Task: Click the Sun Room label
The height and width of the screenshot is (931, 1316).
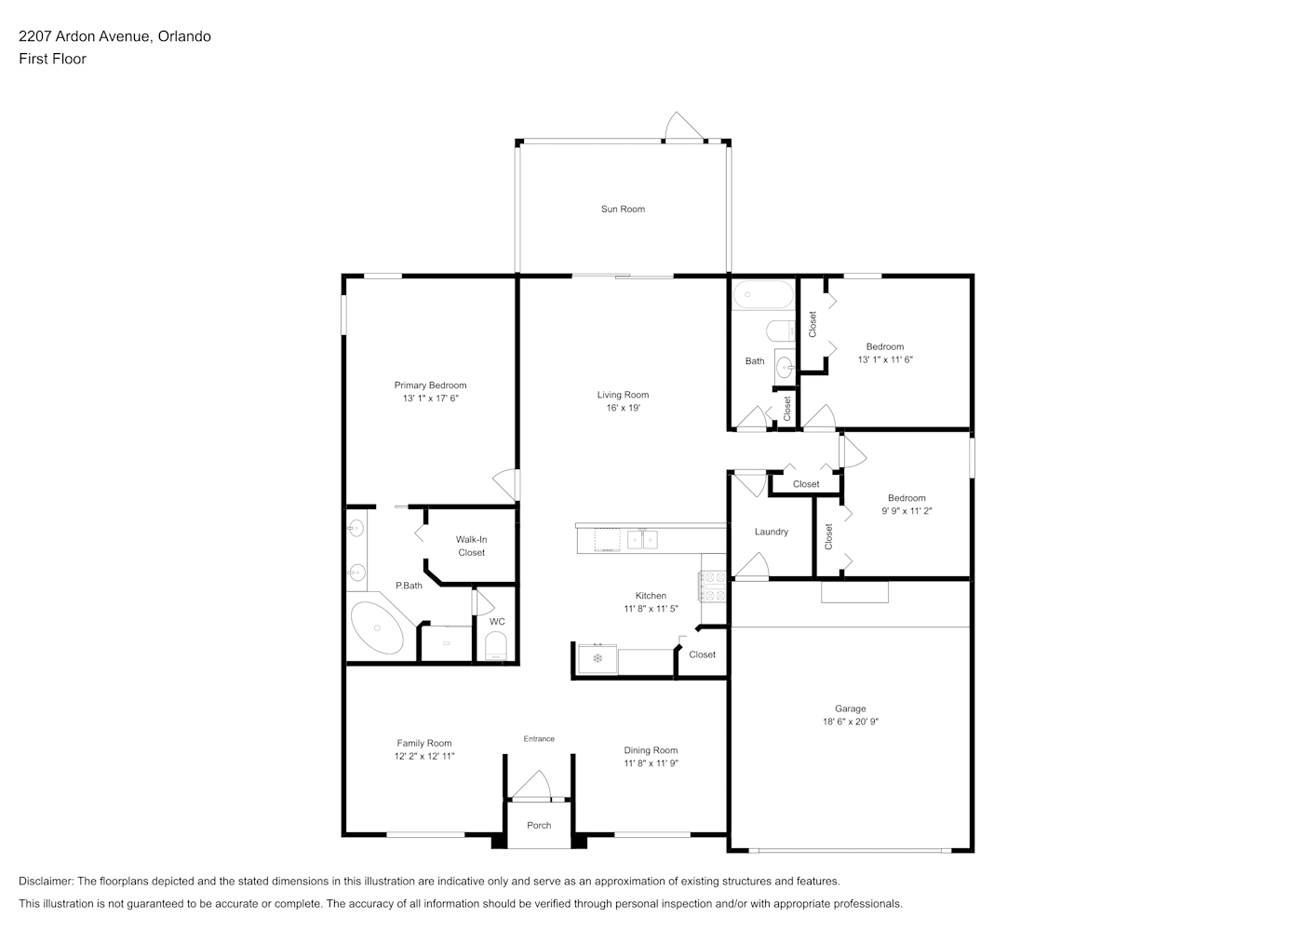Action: click(x=623, y=209)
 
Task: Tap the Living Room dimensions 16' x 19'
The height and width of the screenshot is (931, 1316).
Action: click(x=623, y=408)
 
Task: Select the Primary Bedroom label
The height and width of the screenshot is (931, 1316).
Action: click(x=430, y=385)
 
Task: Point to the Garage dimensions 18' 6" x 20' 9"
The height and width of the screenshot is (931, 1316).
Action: click(x=850, y=722)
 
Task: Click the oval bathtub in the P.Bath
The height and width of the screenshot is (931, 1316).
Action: click(x=377, y=627)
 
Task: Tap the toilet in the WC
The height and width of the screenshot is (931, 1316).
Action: click(x=496, y=645)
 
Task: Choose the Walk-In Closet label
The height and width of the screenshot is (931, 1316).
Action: click(x=471, y=546)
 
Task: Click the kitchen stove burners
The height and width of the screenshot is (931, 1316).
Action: click(x=712, y=587)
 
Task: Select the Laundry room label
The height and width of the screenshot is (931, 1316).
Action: click(x=772, y=532)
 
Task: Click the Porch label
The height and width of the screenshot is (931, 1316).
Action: click(x=539, y=825)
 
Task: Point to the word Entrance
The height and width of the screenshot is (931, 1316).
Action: click(x=539, y=739)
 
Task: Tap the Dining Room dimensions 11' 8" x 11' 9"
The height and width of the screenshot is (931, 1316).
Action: click(x=651, y=763)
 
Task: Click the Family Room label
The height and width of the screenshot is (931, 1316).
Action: click(x=424, y=743)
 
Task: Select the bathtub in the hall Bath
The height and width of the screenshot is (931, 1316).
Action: click(x=762, y=294)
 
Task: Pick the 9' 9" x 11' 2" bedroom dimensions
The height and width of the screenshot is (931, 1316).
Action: click(x=906, y=511)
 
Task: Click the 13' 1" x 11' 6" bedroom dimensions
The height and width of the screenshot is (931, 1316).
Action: click(x=885, y=359)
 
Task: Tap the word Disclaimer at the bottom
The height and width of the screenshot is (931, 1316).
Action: click(x=47, y=881)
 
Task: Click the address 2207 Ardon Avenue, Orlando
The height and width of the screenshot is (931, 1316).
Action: click(x=114, y=36)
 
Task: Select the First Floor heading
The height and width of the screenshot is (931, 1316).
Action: click(x=52, y=59)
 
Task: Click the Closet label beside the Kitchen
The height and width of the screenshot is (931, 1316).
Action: click(x=702, y=654)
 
